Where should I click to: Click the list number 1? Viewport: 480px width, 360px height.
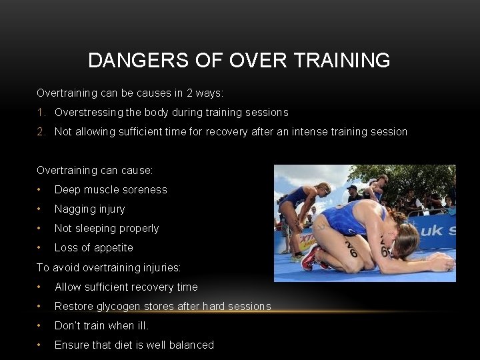pos(40,113)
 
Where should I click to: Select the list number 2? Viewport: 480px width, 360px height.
pos(40,132)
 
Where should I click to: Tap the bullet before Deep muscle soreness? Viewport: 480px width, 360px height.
pos(41,190)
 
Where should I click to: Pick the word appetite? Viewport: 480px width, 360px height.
pos(112,248)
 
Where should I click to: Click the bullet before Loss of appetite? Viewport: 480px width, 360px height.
pos(41,248)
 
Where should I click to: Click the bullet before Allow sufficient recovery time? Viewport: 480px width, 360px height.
pos(41,287)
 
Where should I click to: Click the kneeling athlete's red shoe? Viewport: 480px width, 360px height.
pos(309,257)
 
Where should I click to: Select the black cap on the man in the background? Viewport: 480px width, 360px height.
pos(353,188)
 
